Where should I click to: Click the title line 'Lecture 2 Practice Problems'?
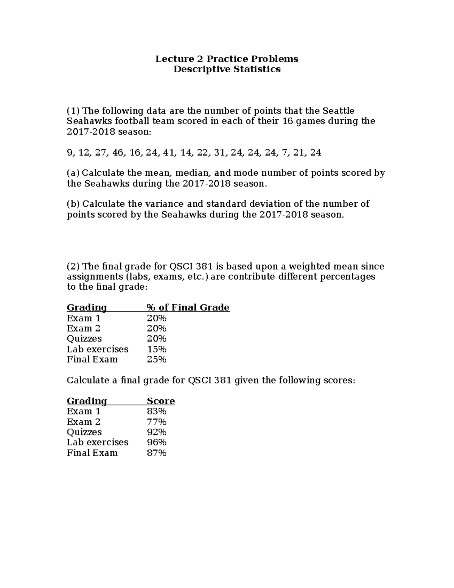click(x=227, y=59)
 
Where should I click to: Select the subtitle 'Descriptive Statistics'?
click(x=227, y=69)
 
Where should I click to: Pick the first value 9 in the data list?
click(x=69, y=153)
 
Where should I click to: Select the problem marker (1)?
click(x=73, y=111)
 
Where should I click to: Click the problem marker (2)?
click(x=73, y=267)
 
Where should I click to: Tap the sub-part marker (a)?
click(x=73, y=173)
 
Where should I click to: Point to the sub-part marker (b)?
click(x=73, y=204)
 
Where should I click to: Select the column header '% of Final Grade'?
click(x=188, y=307)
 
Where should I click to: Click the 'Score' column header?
click(x=161, y=401)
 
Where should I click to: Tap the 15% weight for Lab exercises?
click(x=156, y=349)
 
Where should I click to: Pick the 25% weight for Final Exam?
click(x=156, y=359)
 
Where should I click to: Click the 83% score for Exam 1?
click(x=156, y=411)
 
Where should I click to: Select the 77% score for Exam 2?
click(x=156, y=422)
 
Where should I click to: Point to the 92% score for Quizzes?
click(x=156, y=432)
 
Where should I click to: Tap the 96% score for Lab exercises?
click(x=156, y=442)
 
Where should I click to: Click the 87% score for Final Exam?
click(x=156, y=453)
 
